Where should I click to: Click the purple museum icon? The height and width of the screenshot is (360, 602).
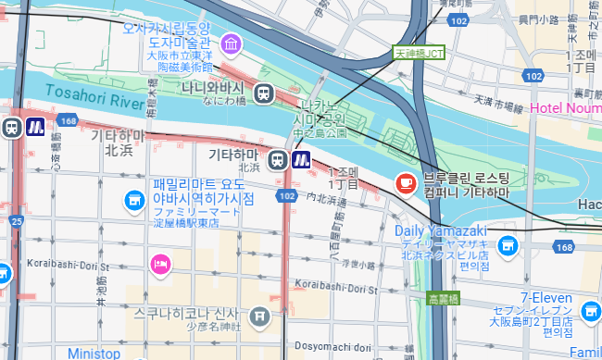coord(231,43)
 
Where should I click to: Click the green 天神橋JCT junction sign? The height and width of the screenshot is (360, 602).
coord(419,54)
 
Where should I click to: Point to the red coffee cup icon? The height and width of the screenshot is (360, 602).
coord(405,183)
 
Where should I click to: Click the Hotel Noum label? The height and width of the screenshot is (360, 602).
coord(566,110)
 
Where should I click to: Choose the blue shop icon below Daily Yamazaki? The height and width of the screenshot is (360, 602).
coord(506,245)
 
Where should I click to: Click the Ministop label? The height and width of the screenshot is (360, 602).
coord(94,353)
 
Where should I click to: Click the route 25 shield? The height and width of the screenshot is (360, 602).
coord(17,221)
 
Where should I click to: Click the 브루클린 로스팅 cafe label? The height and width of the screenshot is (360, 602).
coord(466,183)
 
